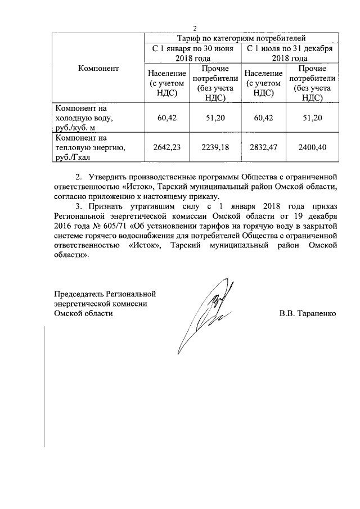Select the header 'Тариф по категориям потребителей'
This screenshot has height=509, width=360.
click(241, 38)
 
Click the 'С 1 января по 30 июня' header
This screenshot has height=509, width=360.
click(193, 53)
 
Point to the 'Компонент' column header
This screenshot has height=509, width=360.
click(98, 69)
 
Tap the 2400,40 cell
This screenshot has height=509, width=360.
click(311, 147)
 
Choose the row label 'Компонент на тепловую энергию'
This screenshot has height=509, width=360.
click(89, 147)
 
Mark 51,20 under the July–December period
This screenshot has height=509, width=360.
click(311, 118)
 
